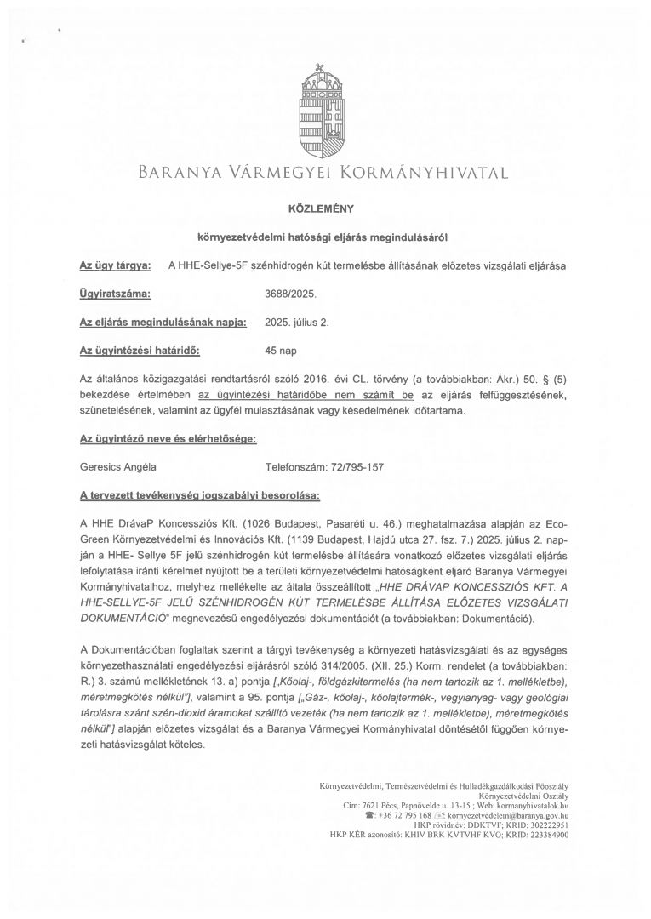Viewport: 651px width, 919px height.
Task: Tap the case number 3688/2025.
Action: coord(290,294)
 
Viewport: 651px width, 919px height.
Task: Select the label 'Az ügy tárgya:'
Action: coord(115,265)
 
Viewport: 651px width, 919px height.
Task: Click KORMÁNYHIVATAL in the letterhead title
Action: coord(425,174)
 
